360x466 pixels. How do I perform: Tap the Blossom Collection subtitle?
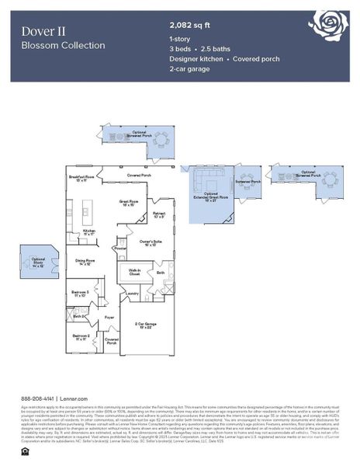pyautogui.click(x=64, y=45)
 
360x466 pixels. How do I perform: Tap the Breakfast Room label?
pyautogui.click(x=81, y=179)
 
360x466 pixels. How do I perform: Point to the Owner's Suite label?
pyautogui.click(x=149, y=243)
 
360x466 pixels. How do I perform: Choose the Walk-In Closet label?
pyautogui.click(x=133, y=273)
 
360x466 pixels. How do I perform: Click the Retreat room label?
pyautogui.click(x=158, y=214)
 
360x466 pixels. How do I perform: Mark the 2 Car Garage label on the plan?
pyautogui.click(x=146, y=325)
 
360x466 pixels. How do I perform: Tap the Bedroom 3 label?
pyautogui.click(x=81, y=294)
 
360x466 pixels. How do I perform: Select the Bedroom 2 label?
pyautogui.click(x=81, y=337)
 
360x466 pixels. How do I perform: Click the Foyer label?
pyautogui.click(x=109, y=318)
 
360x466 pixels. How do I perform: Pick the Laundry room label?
pyautogui.click(x=132, y=294)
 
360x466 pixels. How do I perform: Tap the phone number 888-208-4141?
pyautogui.click(x=36, y=397)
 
